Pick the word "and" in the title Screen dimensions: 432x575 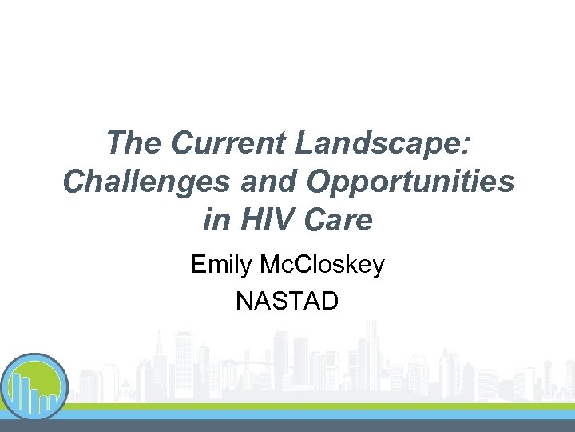coord(262,182)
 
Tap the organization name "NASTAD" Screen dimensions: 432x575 coord(287,301)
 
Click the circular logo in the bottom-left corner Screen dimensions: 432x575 coord(34,387)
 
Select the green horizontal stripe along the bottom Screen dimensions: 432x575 coord(319,406)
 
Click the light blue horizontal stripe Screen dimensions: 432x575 coord(319,414)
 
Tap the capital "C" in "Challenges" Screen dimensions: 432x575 coord(73,182)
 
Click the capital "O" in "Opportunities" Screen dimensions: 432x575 coord(319,182)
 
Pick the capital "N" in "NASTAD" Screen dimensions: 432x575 coord(244,301)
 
